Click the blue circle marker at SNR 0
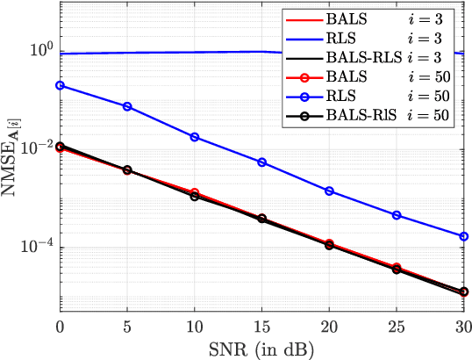[x=60, y=85]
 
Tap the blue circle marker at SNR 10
[x=195, y=137]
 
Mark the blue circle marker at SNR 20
[x=329, y=191]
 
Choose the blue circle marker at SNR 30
[x=464, y=236]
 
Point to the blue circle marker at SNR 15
[x=261, y=162]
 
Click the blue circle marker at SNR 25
[x=397, y=215]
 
